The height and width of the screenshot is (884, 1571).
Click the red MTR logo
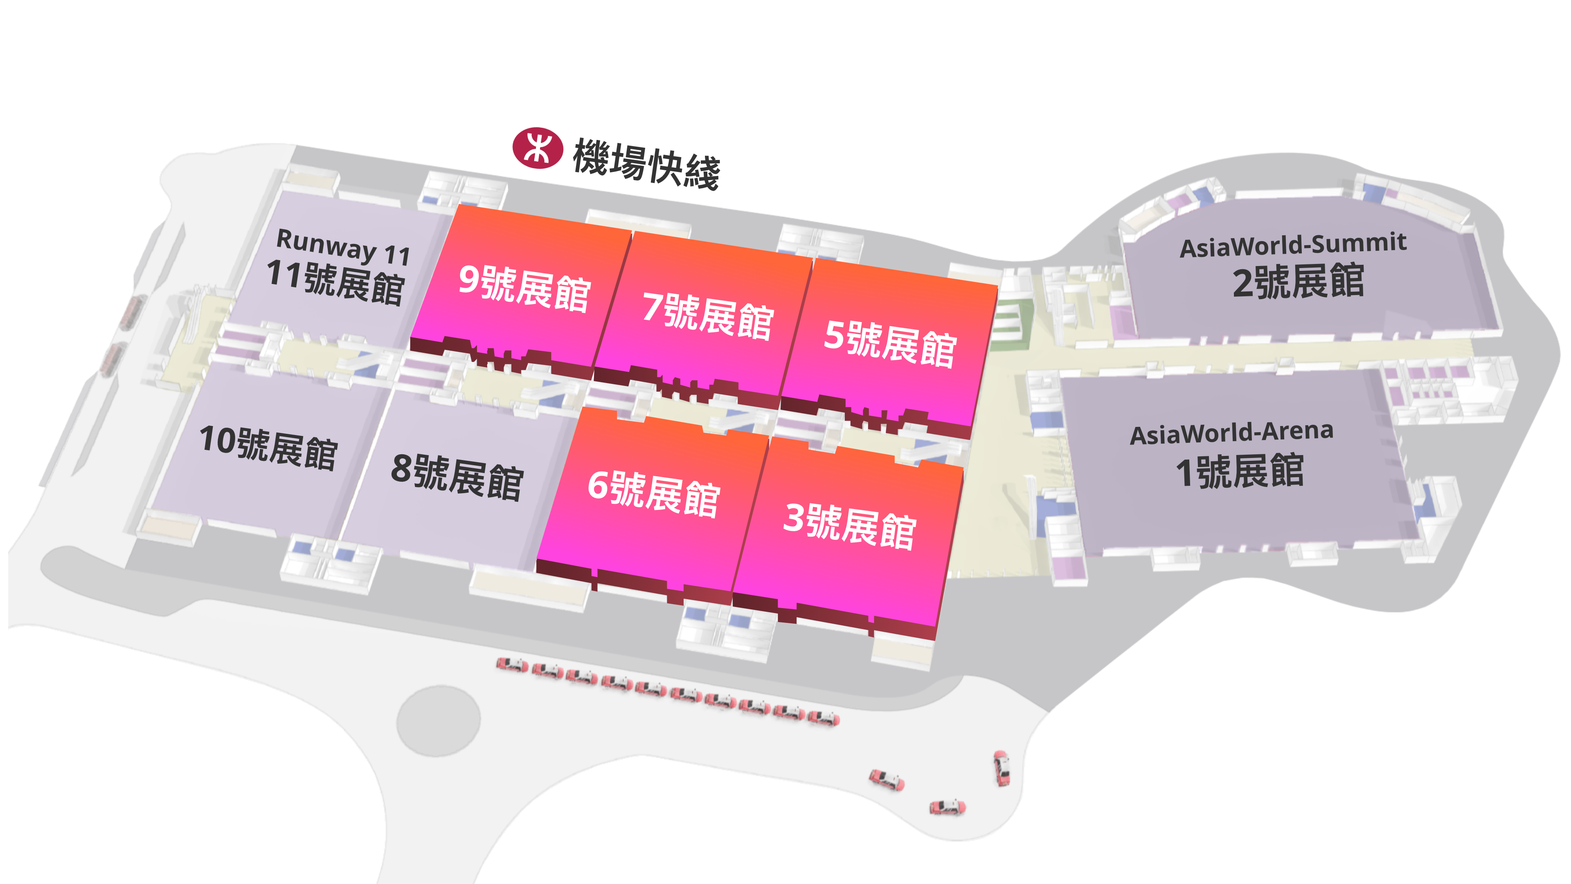[537, 148]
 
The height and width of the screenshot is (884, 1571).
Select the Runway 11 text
[343, 246]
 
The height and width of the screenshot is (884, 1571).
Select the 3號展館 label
[850, 526]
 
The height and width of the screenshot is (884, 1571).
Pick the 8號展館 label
[457, 477]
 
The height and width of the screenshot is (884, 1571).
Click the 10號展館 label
[268, 447]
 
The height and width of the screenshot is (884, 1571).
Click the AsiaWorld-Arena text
[1232, 433]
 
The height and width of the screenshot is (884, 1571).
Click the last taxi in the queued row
[823, 718]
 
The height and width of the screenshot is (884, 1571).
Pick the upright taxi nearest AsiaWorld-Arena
[1002, 768]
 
